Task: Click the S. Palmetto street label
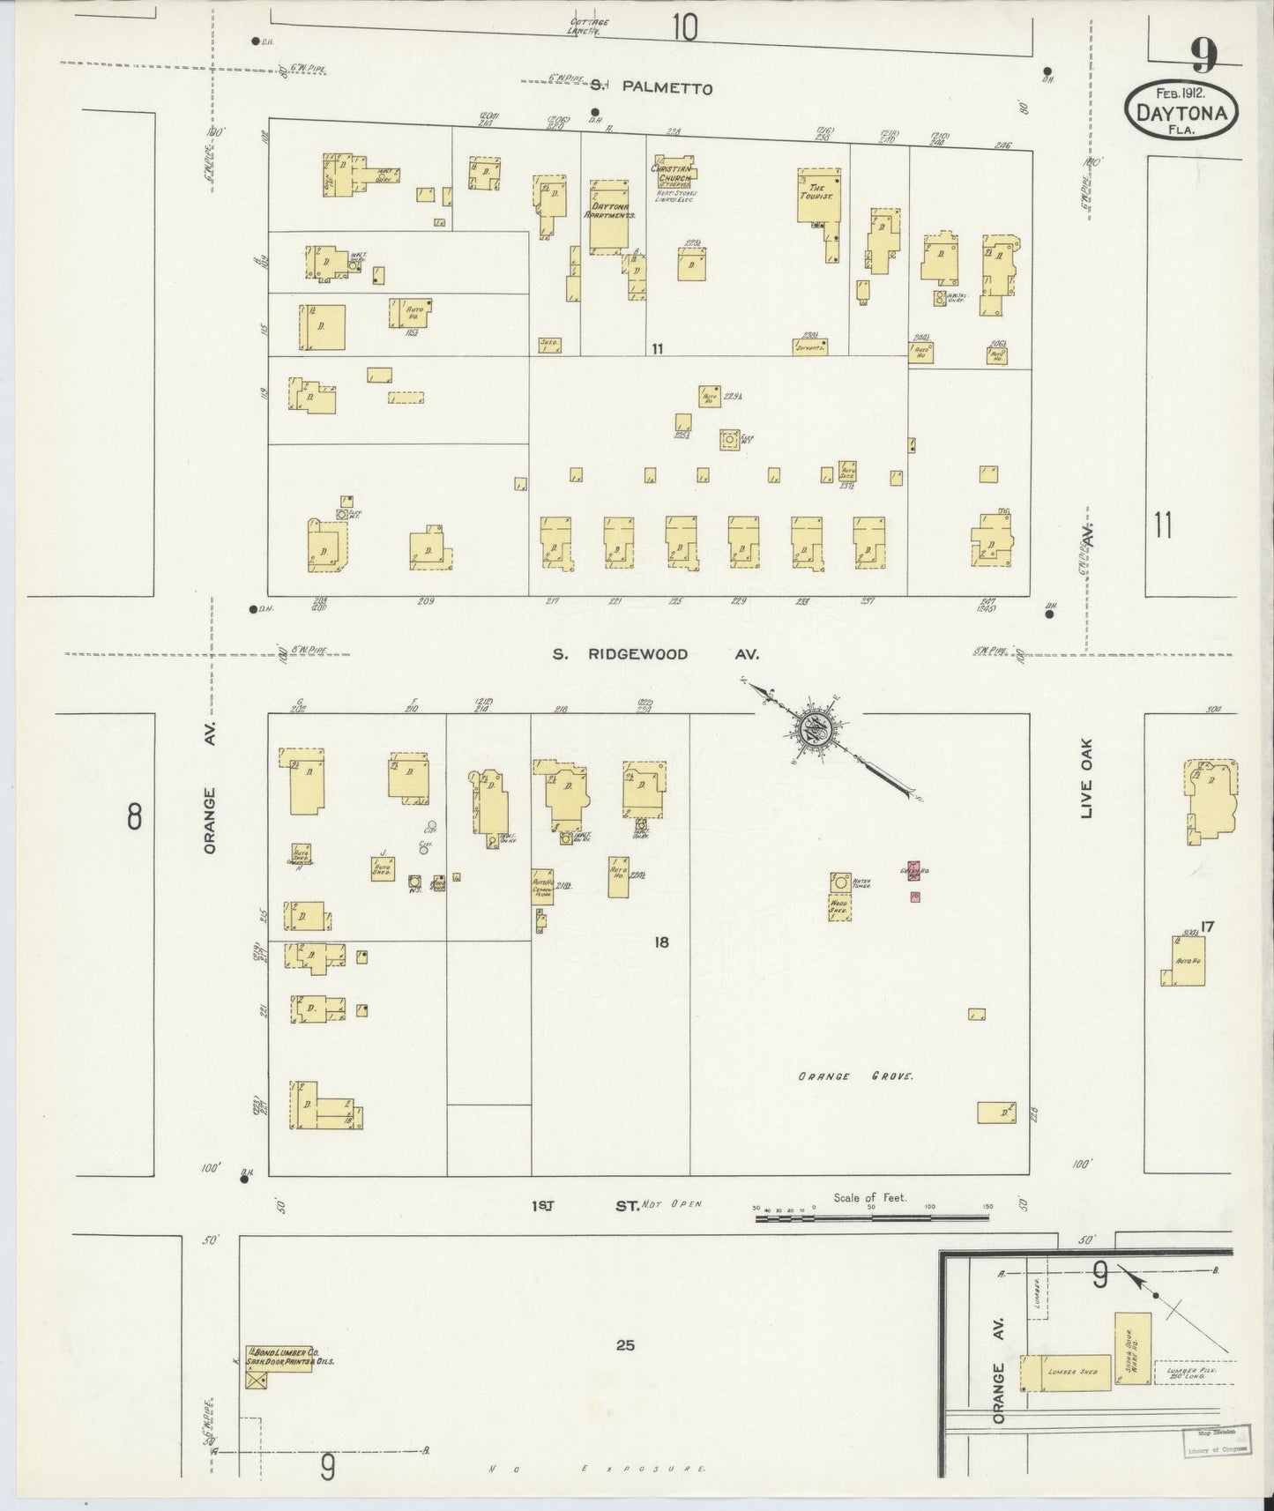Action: [651, 87]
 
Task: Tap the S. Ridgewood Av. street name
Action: [655, 654]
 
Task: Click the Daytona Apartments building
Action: [608, 218]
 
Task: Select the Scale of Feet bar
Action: [873, 1217]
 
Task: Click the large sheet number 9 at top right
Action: [1203, 56]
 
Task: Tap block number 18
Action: [661, 942]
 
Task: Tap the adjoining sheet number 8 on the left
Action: [133, 817]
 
